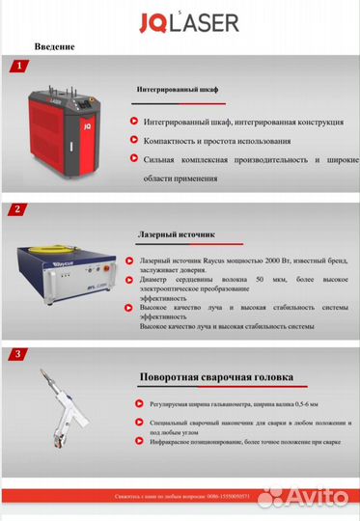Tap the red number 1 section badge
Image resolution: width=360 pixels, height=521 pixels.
click(x=16, y=67)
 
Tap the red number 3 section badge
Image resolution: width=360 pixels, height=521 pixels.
click(x=16, y=354)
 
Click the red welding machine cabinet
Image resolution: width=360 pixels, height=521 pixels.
click(x=66, y=135)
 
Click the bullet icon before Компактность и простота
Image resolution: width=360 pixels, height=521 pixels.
click(x=131, y=141)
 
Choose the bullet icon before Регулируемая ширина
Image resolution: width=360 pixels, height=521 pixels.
click(x=131, y=403)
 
